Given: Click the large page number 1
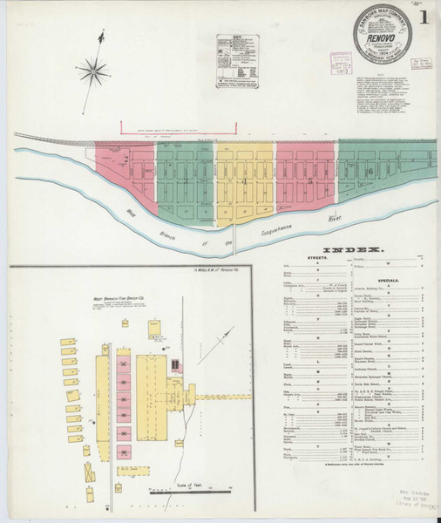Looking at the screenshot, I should pyautogui.click(x=422, y=17).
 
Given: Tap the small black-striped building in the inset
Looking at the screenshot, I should pyautogui.click(x=175, y=364).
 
